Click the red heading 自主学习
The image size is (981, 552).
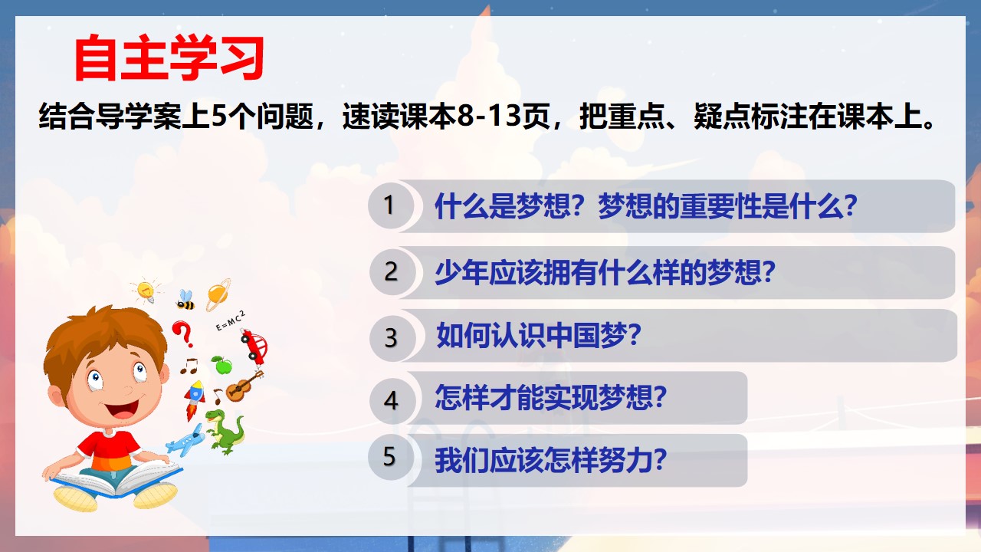pos(169,58)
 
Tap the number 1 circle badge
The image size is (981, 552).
pos(390,205)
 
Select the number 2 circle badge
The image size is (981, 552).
pos(391,271)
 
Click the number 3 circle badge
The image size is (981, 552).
pos(392,338)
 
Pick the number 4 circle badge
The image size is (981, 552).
pos(391,400)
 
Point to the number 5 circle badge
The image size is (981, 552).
pos(390,458)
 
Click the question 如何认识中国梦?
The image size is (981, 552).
pos(539,336)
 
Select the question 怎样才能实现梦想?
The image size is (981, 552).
pos(550,398)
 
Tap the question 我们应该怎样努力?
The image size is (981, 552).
pos(550,461)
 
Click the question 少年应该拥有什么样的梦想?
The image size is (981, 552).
pos(605,272)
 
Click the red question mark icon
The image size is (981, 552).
pos(182,333)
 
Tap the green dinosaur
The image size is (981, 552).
pos(225,432)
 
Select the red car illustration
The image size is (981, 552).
pos(254,347)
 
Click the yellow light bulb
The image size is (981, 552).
pos(146,290)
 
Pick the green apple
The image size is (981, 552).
pos(222,365)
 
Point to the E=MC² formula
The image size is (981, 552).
pos(231,320)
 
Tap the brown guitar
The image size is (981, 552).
pos(244,386)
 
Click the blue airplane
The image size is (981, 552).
pos(185,440)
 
